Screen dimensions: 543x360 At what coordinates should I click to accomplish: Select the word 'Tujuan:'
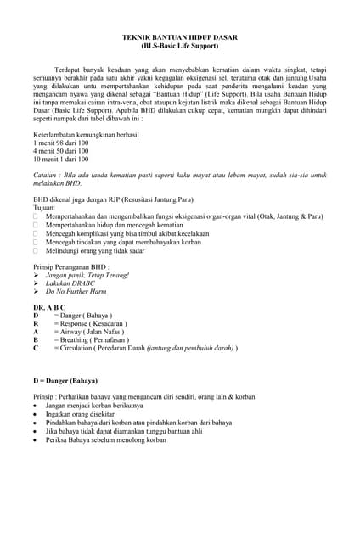pos(44,207)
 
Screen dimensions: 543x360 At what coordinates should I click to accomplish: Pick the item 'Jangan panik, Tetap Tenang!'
pos(87,276)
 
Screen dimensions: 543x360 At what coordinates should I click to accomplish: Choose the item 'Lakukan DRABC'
pos(71,283)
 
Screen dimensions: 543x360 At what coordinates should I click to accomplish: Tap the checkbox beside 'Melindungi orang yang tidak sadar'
pos(36,251)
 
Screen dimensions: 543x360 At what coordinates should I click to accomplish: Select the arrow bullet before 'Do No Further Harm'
pos(36,292)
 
